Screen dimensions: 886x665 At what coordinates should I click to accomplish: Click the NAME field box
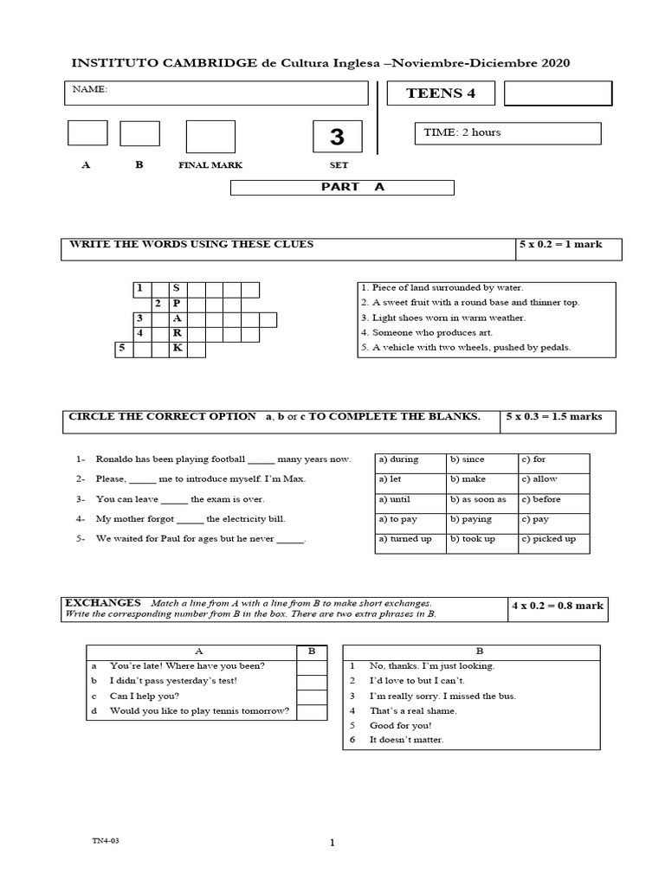point(216,93)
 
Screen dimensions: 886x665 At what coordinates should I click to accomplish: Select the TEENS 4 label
point(440,93)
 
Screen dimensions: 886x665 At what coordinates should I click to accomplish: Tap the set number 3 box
point(337,137)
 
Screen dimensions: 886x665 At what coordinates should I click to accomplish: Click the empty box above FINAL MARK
point(210,137)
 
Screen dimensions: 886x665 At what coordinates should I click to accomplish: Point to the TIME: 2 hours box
point(507,133)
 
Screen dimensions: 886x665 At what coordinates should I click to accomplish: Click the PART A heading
point(341,187)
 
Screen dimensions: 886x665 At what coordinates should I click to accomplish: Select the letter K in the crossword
point(177,349)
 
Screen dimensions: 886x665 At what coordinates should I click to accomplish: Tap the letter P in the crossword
point(177,304)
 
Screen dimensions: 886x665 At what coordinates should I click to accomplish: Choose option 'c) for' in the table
point(553,460)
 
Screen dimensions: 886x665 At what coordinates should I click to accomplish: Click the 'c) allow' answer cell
point(553,480)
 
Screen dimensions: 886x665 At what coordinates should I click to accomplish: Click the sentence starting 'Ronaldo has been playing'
point(223,459)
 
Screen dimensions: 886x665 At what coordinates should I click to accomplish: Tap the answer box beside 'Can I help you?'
point(312,697)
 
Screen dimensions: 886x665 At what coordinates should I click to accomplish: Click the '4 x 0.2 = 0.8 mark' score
point(557,606)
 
